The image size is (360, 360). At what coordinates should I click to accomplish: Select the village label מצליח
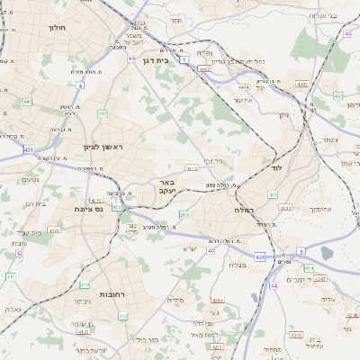(x=238, y=264)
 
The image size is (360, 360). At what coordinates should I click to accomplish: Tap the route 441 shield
(x=27, y=102)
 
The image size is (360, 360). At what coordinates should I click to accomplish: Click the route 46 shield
(x=347, y=34)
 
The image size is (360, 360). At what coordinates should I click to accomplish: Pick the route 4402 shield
(x=204, y=67)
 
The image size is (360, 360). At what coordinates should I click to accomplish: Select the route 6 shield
(x=301, y=251)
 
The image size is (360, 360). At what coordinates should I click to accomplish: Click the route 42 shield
(x=19, y=253)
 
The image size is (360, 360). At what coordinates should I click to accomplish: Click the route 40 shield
(x=211, y=251)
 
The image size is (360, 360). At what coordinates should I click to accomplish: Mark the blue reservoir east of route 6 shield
(x=326, y=254)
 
